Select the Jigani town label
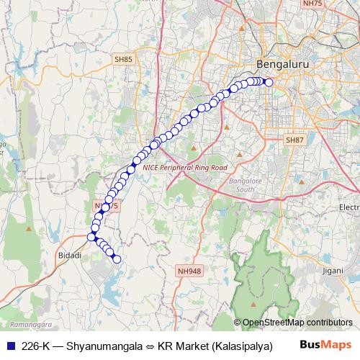[x=333, y=271]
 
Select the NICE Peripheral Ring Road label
[x=185, y=167]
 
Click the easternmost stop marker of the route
[x=269, y=82]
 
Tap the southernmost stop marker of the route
[x=117, y=259]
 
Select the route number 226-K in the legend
[x=36, y=345]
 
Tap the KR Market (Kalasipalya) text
[x=212, y=345]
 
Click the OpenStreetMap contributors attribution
[x=297, y=323]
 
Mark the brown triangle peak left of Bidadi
[x=28, y=228]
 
